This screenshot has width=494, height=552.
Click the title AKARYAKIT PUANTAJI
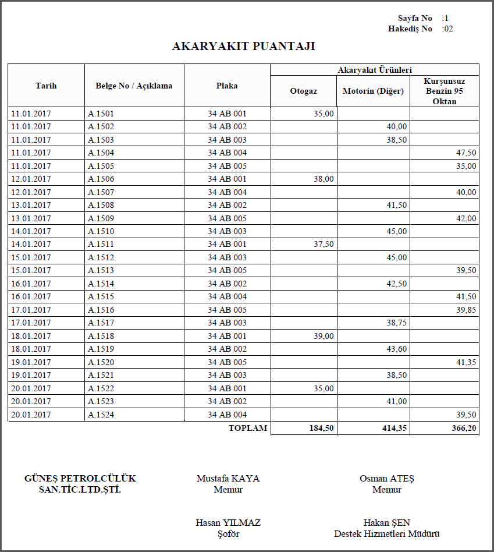[243, 47]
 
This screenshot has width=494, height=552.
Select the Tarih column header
[46, 86]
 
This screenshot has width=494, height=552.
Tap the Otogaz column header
[303, 91]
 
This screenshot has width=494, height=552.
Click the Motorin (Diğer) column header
[373, 91]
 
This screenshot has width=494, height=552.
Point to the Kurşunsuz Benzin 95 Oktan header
[445, 91]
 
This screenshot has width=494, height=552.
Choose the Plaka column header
[227, 86]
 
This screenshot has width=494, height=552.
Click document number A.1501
[101, 114]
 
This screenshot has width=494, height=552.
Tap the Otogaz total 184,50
[321, 429]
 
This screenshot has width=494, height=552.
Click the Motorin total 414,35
[395, 429]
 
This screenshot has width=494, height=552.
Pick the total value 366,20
[464, 429]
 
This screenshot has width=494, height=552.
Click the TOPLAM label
[248, 428]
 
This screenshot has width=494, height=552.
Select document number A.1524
[101, 415]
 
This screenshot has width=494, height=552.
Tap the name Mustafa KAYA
[228, 479]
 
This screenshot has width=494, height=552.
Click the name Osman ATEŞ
[387, 479]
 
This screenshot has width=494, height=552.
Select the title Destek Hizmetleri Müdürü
[386, 534]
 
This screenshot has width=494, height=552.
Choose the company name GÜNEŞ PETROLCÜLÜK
[80, 479]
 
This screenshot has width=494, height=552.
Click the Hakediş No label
[410, 29]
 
